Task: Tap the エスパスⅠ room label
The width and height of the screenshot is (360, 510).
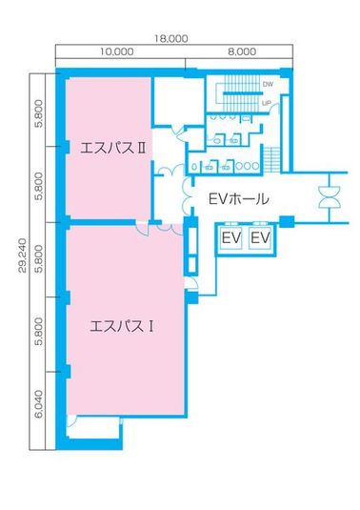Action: (x=122, y=325)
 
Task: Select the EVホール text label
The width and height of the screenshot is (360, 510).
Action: (x=237, y=200)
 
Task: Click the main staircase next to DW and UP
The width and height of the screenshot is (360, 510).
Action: (x=236, y=92)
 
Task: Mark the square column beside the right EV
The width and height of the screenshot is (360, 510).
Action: (x=287, y=224)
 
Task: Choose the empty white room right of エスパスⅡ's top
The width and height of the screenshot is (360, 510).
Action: (x=178, y=100)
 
